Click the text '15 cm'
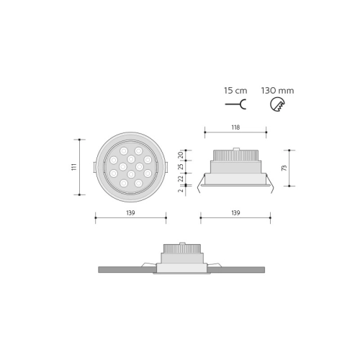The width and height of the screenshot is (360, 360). [x=235, y=91]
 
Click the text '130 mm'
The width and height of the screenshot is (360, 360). [x=277, y=91]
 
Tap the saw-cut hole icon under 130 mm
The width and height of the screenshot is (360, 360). [x=276, y=105]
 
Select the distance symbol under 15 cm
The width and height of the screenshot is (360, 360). [x=235, y=105]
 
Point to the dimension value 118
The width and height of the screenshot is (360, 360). [x=235, y=127]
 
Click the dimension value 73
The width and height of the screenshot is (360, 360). [x=285, y=167]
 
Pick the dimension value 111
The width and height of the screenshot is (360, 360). [x=73, y=167]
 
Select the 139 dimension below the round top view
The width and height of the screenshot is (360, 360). [x=130, y=213]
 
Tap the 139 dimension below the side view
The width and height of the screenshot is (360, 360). [x=235, y=213]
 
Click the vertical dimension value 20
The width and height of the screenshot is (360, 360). [x=181, y=154]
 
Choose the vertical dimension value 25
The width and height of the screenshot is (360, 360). [x=181, y=167]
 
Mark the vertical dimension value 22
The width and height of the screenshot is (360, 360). [x=181, y=179]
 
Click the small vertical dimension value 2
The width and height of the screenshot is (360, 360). [x=181, y=191]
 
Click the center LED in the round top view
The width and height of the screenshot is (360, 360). [x=130, y=167]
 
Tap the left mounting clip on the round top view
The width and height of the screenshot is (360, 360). [x=95, y=167]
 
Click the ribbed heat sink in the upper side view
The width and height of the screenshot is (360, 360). [x=235, y=155]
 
